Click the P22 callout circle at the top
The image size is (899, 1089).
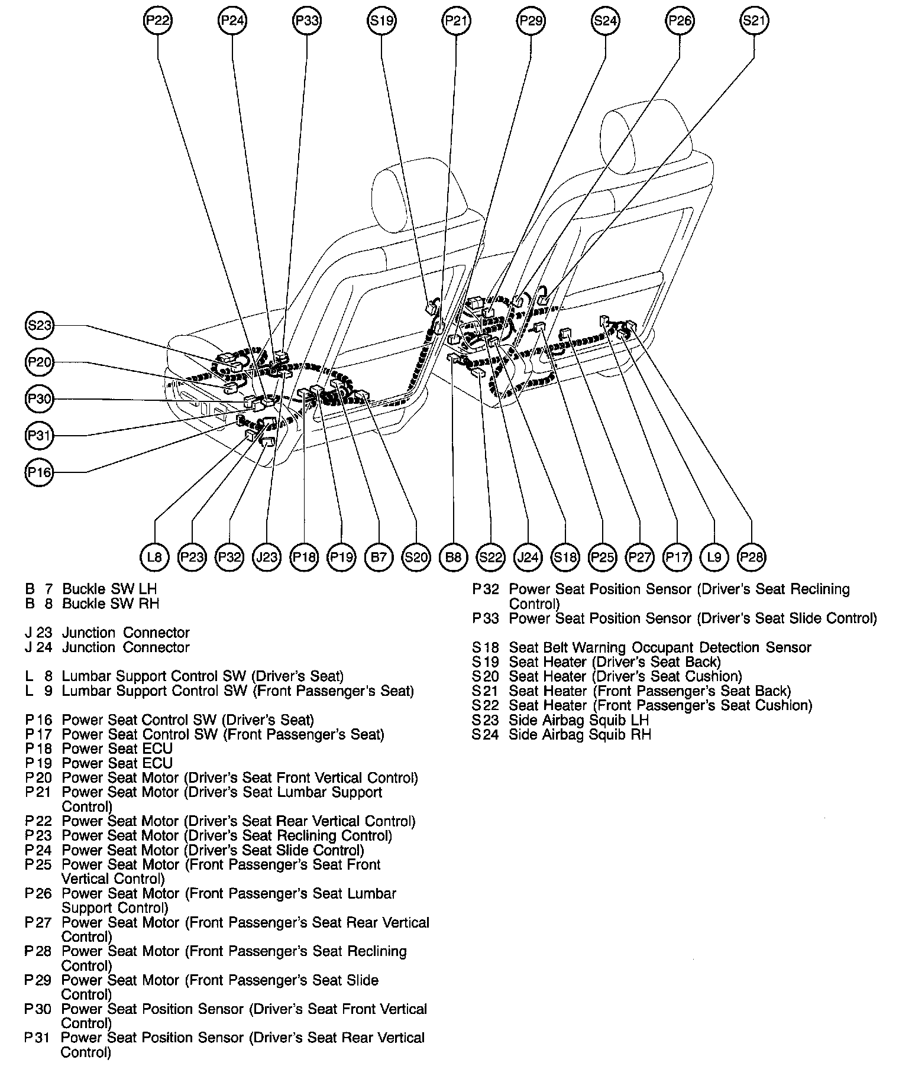pos(158,21)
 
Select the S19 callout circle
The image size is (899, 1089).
pos(381,21)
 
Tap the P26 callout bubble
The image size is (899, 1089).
pos(680,21)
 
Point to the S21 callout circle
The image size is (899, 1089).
pos(754,21)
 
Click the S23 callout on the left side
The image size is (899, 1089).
pos(40,325)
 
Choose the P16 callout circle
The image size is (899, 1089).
pos(40,472)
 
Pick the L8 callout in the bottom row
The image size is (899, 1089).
pos(154,557)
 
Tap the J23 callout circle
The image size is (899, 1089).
pos(266,557)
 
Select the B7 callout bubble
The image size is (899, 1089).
pos(378,557)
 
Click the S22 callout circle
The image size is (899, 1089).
pos(490,557)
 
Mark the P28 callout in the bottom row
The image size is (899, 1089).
pos(752,557)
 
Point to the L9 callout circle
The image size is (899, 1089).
pos(714,557)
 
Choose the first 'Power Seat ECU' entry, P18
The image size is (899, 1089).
pos(117,749)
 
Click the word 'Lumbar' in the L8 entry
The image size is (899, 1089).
pos(86,676)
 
